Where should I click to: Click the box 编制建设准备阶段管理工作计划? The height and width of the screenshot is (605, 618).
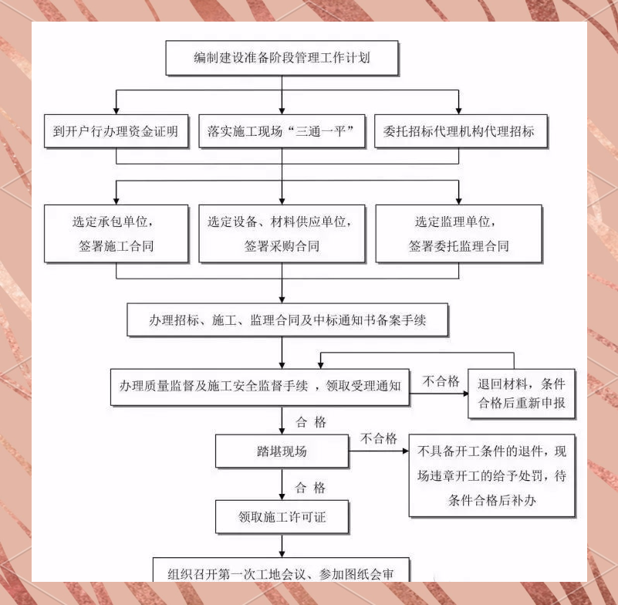[282, 58]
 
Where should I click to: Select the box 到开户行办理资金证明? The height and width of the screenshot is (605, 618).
[116, 131]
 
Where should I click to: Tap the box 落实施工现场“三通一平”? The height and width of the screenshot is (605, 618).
[282, 131]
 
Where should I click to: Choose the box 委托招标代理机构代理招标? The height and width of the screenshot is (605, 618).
[459, 131]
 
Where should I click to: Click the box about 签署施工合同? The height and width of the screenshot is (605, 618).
[116, 234]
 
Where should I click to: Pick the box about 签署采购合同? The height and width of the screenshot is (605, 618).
[282, 234]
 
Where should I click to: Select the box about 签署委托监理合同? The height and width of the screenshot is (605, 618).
[458, 234]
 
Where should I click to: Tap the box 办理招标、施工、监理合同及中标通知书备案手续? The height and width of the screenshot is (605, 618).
[287, 320]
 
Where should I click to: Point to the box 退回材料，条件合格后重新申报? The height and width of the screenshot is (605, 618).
[521, 394]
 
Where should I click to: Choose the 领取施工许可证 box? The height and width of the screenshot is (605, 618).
[282, 517]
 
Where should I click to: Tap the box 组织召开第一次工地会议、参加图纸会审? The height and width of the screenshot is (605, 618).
[281, 571]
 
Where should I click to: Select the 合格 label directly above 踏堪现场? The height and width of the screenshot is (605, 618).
[311, 422]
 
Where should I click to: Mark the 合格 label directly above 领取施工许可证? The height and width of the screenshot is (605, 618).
[311, 488]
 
